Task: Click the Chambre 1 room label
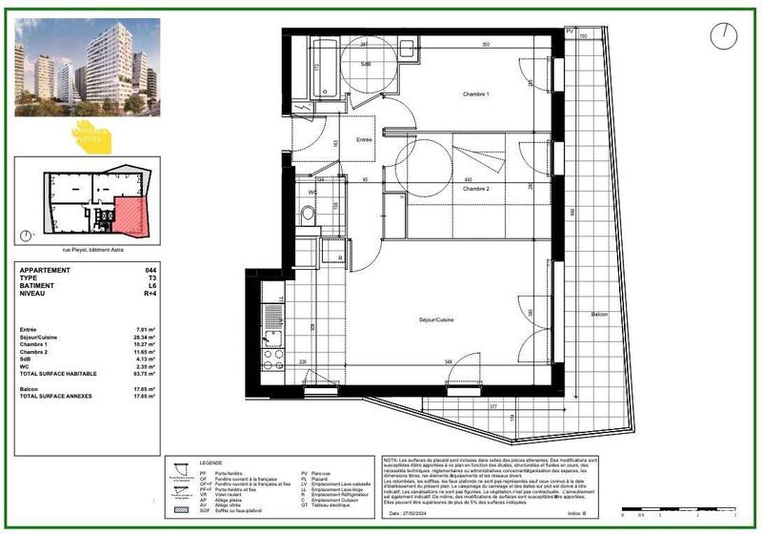point(475,94)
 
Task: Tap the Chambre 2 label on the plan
point(475,190)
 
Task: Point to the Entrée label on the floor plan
point(364,140)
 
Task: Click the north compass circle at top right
point(725,35)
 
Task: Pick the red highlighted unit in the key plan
point(130,217)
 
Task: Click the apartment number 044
point(150,271)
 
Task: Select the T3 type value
point(151,278)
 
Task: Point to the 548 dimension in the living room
point(447,362)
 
